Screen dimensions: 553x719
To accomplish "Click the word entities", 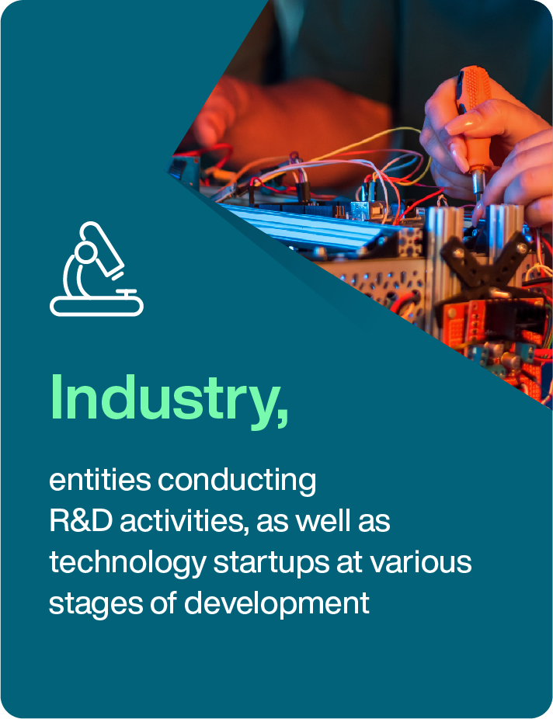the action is pyautogui.click(x=100, y=480).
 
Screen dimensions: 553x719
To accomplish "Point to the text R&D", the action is pyautogui.click(x=81, y=521).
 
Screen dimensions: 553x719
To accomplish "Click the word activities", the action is pyautogui.click(x=184, y=522).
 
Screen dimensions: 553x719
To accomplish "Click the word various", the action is pyautogui.click(x=421, y=563).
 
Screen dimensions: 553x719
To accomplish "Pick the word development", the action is pyautogui.click(x=276, y=604).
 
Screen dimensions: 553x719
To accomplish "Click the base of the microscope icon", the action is pyautogui.click(x=97, y=306).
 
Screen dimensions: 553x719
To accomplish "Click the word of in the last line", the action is pyautogui.click(x=163, y=603).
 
